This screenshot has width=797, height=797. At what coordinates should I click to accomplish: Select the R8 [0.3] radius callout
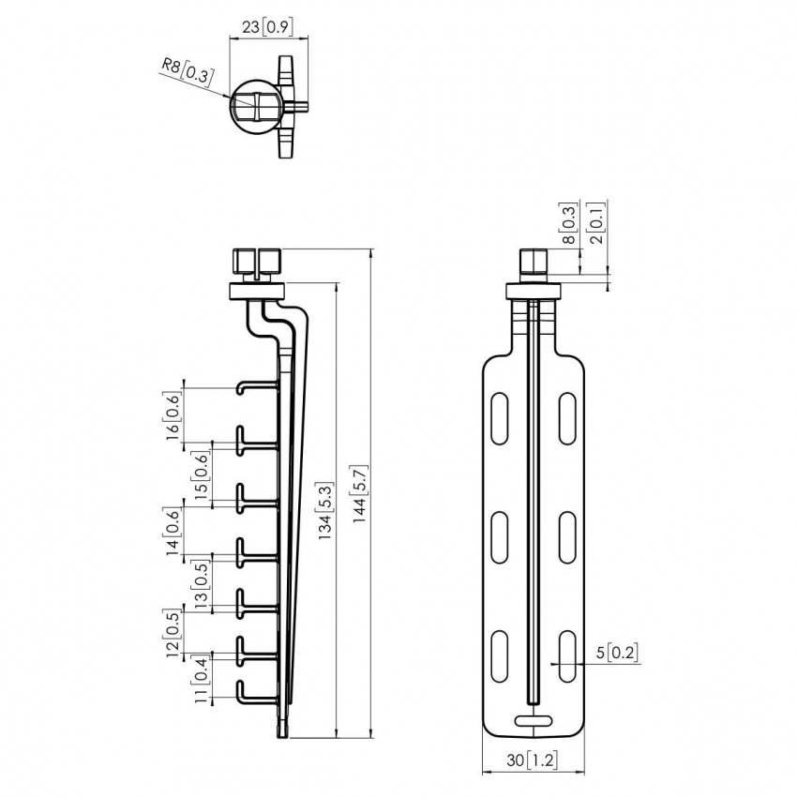[x=184, y=69]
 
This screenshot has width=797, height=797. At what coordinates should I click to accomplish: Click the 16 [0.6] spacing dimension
[x=173, y=414]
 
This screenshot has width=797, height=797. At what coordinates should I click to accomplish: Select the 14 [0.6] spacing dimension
[x=173, y=532]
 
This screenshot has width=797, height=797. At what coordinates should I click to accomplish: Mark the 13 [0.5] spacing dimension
[x=200, y=585]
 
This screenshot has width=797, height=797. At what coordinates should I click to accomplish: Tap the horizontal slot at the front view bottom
[x=534, y=720]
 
